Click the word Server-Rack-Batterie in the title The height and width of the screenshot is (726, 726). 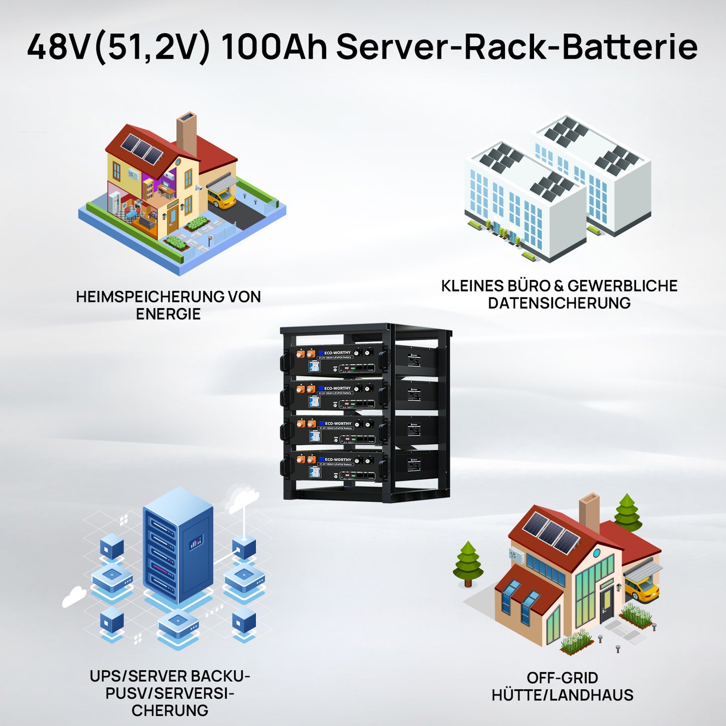516,47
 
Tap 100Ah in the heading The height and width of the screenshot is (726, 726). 273,47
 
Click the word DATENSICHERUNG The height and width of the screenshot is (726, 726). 559,303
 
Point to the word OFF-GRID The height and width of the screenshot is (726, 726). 562,678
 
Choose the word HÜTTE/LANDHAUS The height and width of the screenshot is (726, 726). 562,695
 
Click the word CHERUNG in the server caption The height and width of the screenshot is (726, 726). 170,710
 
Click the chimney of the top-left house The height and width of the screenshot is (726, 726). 186,133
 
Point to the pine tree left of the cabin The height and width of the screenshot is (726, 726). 468,563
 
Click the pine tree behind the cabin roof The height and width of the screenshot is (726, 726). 627,512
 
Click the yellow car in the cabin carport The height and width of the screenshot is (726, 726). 642,588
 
